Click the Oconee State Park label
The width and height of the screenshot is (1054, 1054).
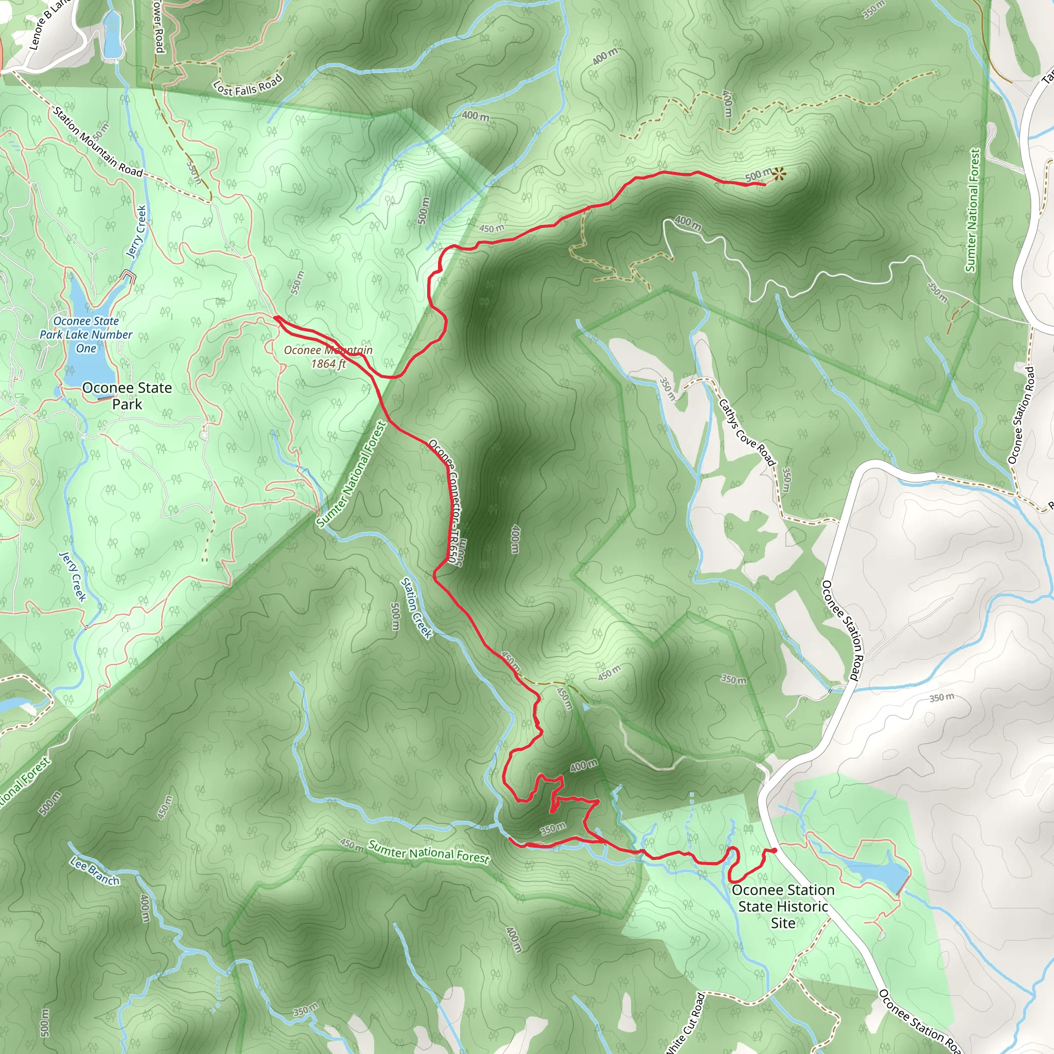(x=127, y=396)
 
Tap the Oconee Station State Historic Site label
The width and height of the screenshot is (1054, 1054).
(x=783, y=906)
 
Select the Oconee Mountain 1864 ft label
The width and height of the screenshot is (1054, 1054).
(x=328, y=356)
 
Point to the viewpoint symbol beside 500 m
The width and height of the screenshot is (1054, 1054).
(x=779, y=174)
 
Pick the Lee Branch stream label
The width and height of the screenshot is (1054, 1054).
(x=94, y=871)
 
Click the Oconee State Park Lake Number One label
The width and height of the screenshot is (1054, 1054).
(x=85, y=335)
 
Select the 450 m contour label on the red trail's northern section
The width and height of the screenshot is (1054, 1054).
(x=491, y=228)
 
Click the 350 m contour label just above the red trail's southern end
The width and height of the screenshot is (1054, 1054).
(x=553, y=829)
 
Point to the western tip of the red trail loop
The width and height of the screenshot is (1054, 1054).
(x=276, y=317)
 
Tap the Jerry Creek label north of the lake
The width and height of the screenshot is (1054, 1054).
(x=136, y=231)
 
